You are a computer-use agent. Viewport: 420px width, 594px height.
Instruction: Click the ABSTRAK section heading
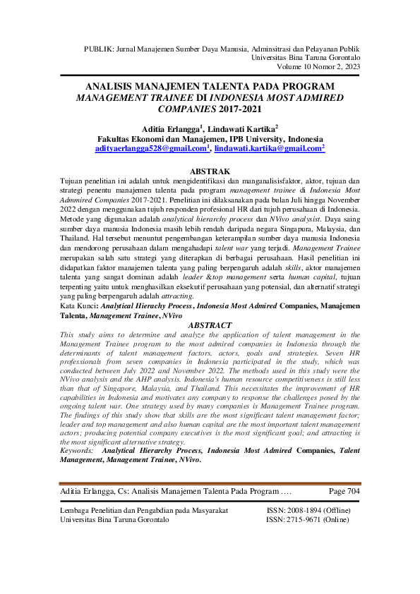click(x=210, y=171)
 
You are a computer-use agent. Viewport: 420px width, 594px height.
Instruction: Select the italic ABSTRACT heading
click(x=210, y=325)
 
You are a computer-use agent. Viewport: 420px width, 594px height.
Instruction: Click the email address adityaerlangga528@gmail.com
click(x=152, y=150)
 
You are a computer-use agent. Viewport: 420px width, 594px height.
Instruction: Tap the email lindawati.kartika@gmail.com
click(x=270, y=150)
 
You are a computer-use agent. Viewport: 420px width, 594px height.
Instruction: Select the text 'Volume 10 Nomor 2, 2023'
click(x=319, y=67)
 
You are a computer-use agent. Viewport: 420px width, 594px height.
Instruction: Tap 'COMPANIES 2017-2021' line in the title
click(x=210, y=110)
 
